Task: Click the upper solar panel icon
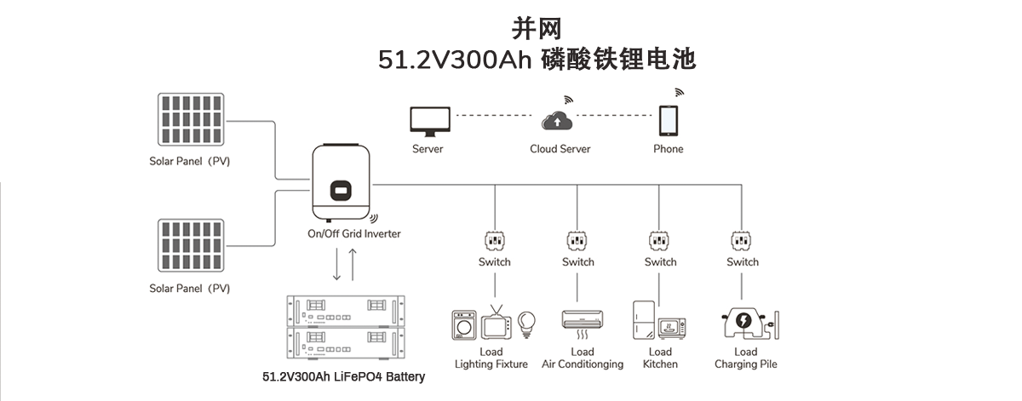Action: (x=190, y=118)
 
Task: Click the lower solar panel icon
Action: (x=190, y=246)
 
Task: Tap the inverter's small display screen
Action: (x=342, y=189)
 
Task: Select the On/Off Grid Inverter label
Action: (x=353, y=233)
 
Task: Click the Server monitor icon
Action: (x=428, y=122)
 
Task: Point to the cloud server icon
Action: (x=558, y=121)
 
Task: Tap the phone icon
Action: (x=669, y=120)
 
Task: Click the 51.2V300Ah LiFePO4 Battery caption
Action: (x=342, y=376)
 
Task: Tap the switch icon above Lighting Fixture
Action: (x=493, y=240)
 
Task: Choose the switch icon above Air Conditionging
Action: (x=577, y=240)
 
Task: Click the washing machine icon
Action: (x=464, y=325)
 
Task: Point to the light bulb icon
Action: (x=527, y=323)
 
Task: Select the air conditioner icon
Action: (x=583, y=322)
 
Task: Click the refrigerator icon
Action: (x=642, y=320)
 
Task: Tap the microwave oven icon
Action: (x=672, y=328)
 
